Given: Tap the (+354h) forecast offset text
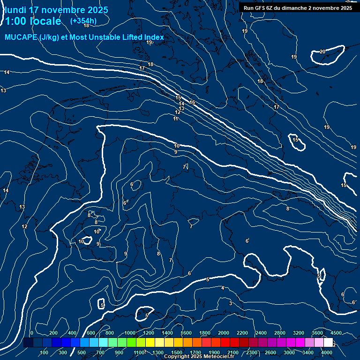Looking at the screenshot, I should click(x=83, y=21).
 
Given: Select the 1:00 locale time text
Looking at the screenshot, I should click(x=33, y=21).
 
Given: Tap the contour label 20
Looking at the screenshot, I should click(x=322, y=52).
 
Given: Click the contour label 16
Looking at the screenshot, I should click(x=192, y=102).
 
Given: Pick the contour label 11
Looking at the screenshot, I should click(x=175, y=119).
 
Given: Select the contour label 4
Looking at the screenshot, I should click(x=223, y=288).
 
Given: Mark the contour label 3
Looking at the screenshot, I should click(x=230, y=303).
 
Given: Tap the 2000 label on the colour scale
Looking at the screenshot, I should click(x=224, y=333).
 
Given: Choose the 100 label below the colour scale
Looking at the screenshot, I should click(x=45, y=352).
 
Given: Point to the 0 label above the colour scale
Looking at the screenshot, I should click(x=31, y=333).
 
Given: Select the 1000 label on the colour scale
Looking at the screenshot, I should click(x=130, y=333).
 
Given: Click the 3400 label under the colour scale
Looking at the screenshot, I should click(x=308, y=352).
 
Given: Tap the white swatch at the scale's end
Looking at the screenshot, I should click(x=328, y=343).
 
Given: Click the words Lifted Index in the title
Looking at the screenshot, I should click(x=141, y=37).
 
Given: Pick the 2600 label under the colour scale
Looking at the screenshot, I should click(x=270, y=352).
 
